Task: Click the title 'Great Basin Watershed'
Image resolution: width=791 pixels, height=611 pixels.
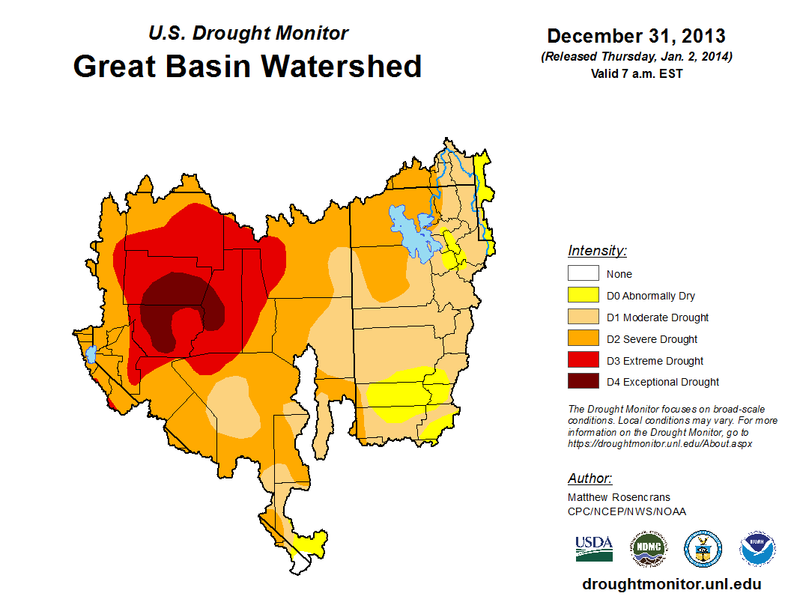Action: click(x=247, y=66)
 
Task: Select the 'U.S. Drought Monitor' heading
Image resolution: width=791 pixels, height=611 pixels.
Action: click(x=248, y=33)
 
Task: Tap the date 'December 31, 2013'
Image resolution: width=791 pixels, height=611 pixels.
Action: click(x=636, y=36)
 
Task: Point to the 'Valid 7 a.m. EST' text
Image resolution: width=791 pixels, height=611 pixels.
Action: click(x=636, y=73)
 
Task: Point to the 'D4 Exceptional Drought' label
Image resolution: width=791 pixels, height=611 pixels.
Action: click(x=662, y=382)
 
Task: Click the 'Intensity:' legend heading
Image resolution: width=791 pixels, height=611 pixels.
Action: click(x=597, y=251)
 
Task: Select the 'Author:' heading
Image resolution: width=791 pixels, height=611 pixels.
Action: click(x=590, y=478)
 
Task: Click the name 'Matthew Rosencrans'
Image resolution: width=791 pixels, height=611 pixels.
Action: click(x=619, y=497)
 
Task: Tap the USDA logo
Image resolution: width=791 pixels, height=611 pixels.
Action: click(x=594, y=548)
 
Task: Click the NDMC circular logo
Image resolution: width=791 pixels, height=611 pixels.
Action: click(x=648, y=548)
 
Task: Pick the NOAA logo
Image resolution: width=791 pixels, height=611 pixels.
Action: click(x=757, y=548)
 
